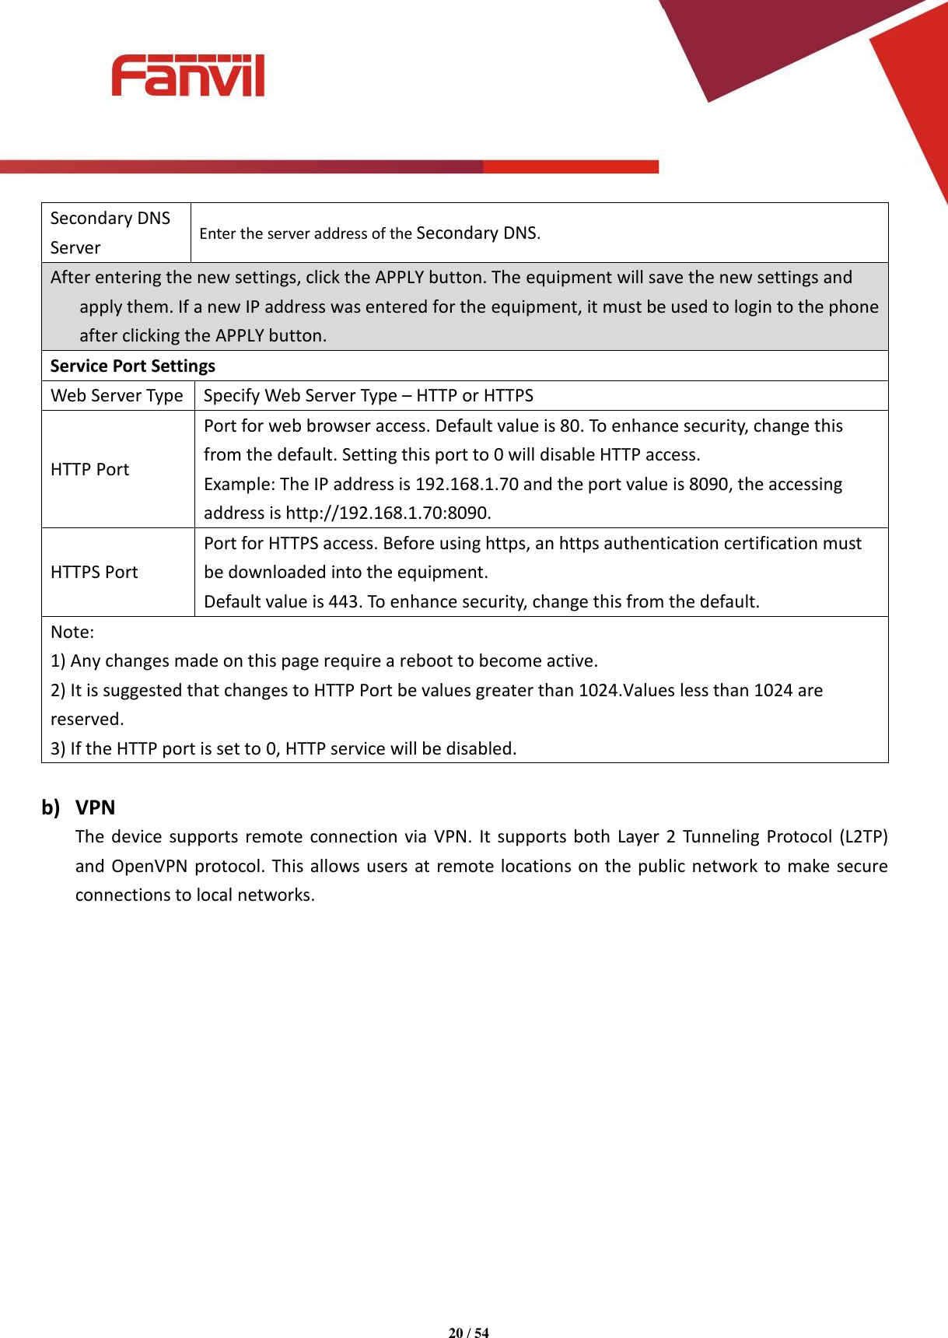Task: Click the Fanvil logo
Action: pyautogui.click(x=187, y=75)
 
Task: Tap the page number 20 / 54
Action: pyautogui.click(x=468, y=1333)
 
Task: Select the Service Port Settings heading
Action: pyautogui.click(x=132, y=366)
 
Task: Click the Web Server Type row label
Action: pyautogui.click(x=117, y=395)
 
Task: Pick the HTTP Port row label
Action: pyautogui.click(x=89, y=469)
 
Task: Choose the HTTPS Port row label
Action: pyautogui.click(x=94, y=572)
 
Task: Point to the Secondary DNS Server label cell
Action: pyautogui.click(x=110, y=232)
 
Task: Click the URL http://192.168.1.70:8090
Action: pyautogui.click(x=388, y=513)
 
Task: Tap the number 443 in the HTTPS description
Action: pyautogui.click(x=343, y=601)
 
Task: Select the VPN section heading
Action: pyautogui.click(x=95, y=807)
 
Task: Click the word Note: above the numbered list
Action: pyautogui.click(x=72, y=632)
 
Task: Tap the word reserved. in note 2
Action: pyautogui.click(x=87, y=719)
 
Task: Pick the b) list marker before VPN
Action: pyautogui.click(x=51, y=807)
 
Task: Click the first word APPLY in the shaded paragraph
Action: pyautogui.click(x=400, y=277)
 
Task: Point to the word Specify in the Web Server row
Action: pyautogui.click(x=232, y=395)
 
